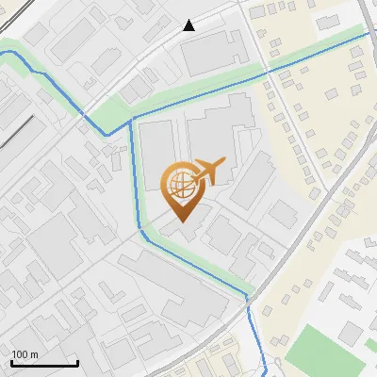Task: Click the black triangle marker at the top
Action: click(x=189, y=25)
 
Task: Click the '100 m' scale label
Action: click(x=25, y=354)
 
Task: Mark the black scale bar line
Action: click(x=44, y=363)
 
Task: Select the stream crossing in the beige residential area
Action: click(x=269, y=71)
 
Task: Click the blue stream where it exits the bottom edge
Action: click(x=265, y=373)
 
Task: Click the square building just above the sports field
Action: click(x=352, y=332)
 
